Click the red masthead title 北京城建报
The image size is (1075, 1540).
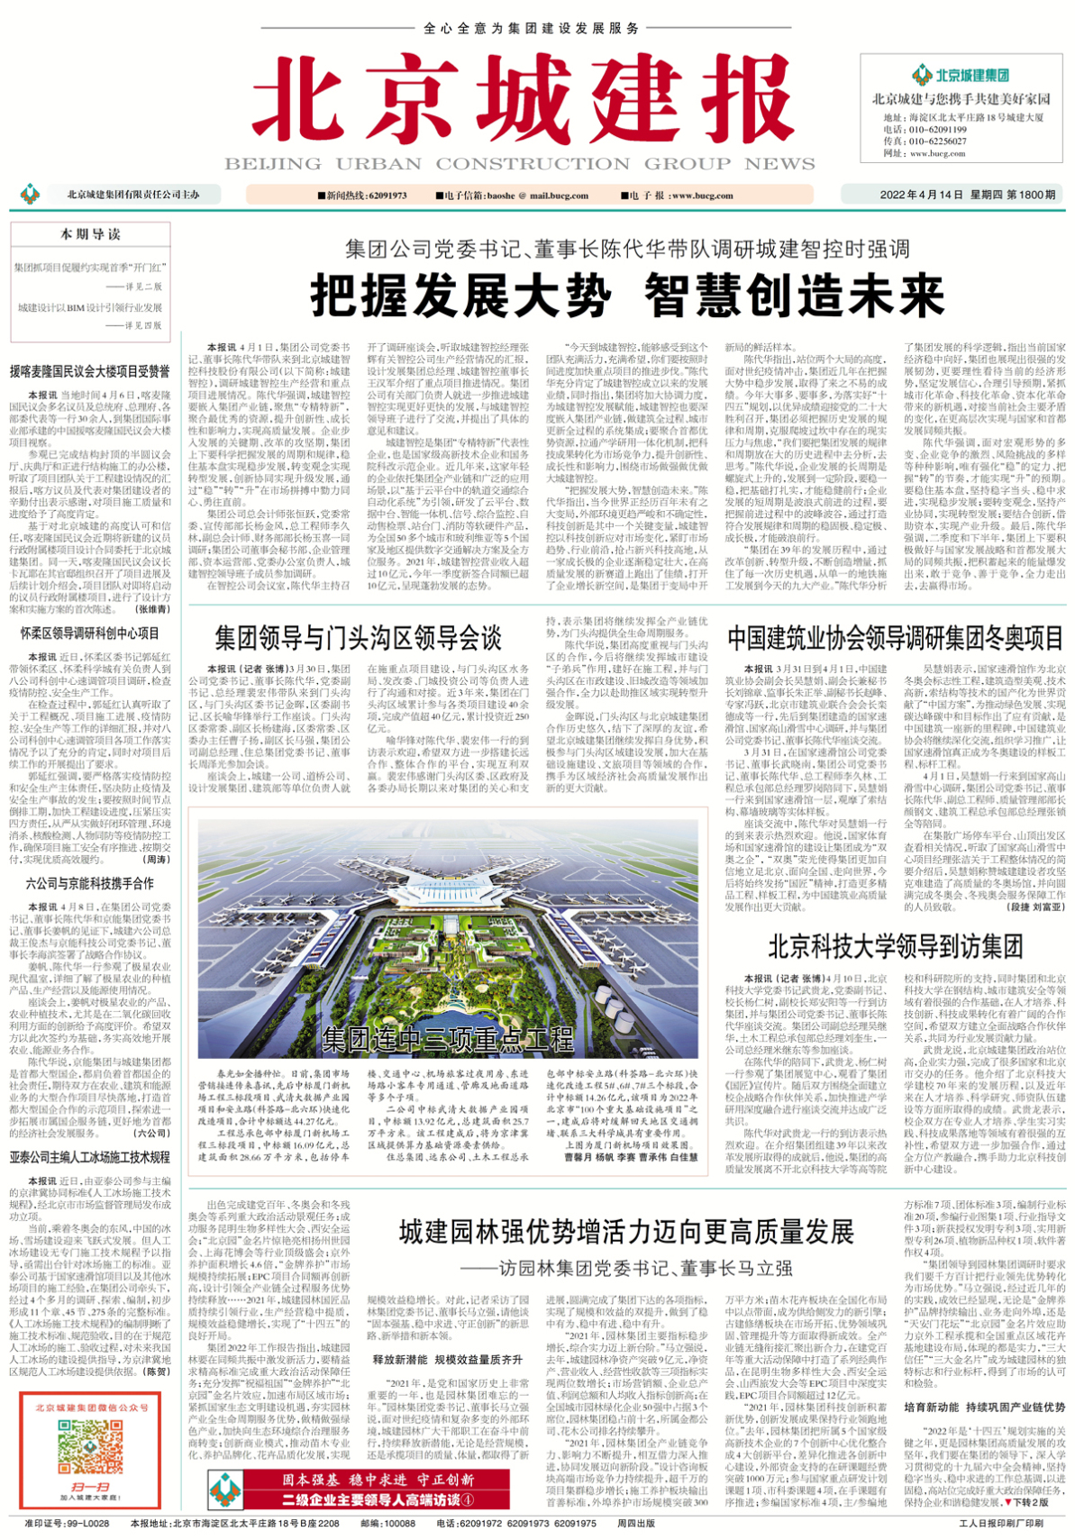pos(511,104)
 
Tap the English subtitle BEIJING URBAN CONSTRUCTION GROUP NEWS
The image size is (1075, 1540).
pos(520,164)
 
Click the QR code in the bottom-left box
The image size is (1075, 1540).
pos(90,1449)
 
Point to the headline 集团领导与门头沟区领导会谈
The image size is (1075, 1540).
pos(358,639)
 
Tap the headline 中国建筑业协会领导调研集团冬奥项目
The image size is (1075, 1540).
pos(896,639)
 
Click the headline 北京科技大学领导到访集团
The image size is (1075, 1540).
pos(895,946)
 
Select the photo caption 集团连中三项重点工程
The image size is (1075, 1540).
pos(447,1039)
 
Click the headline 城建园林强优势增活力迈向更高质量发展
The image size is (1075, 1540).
pos(626,1232)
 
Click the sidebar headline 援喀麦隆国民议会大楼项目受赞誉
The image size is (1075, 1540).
pos(90,371)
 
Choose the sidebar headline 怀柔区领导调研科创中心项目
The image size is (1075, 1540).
pos(90,633)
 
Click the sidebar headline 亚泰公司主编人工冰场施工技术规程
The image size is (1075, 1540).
pos(90,1157)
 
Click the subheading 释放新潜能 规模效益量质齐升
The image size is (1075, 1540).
pos(447,1360)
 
